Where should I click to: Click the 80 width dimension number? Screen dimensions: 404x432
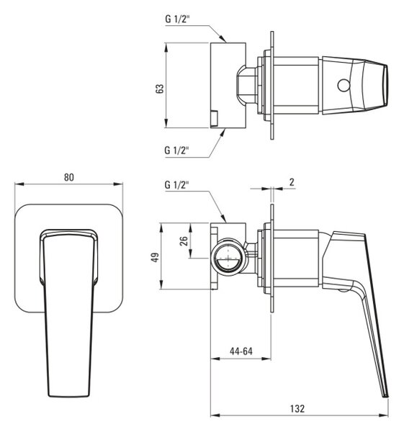pyautogui.click(x=69, y=177)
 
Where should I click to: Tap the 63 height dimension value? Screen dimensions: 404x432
pyautogui.click(x=160, y=89)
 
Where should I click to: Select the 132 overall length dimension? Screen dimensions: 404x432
pyautogui.click(x=297, y=408)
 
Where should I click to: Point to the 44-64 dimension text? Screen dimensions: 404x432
pyautogui.click(x=241, y=351)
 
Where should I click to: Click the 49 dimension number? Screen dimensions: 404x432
pyautogui.click(x=156, y=257)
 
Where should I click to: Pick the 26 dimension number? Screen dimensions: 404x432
pyautogui.click(x=184, y=240)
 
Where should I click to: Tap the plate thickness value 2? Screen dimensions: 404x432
pyautogui.click(x=292, y=182)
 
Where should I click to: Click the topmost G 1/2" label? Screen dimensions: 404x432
pyautogui.click(x=177, y=19)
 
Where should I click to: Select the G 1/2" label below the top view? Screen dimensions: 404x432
pyautogui.click(x=177, y=150)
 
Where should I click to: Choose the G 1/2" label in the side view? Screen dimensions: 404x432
pyautogui.click(x=177, y=185)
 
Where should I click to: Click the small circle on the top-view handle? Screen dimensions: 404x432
pyautogui.click(x=344, y=85)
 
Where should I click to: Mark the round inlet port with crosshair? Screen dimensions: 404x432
pyautogui.click(x=229, y=258)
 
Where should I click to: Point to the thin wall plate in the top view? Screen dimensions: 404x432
pyautogui.click(x=272, y=85)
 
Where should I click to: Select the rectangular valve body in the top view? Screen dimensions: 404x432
pyautogui.click(x=228, y=85)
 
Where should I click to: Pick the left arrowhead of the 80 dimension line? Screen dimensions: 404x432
pyautogui.click(x=19, y=184)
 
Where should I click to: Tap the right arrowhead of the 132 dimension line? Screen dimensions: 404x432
pyautogui.click(x=384, y=415)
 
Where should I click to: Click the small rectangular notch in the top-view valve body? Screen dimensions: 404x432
pyautogui.click(x=214, y=119)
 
